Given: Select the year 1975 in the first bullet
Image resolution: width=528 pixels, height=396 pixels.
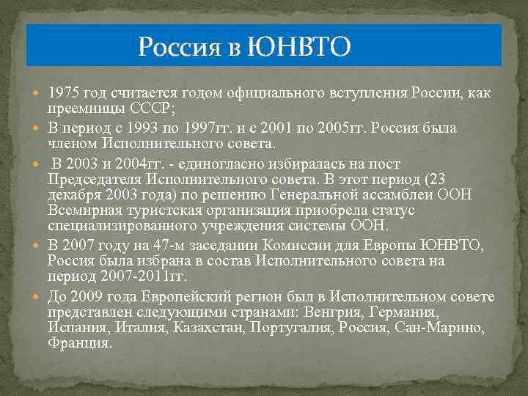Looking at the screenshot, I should [x=64, y=94].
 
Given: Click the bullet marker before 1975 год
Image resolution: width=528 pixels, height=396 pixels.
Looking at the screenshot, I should [x=40, y=95].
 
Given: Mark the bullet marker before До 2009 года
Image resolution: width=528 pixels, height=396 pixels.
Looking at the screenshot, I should [x=40, y=296].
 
